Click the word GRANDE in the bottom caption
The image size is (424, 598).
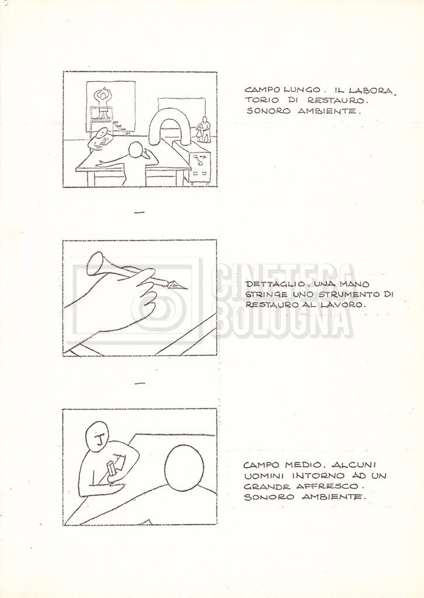pyautogui.click(x=265, y=486)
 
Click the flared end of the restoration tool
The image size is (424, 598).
pyautogui.click(x=95, y=263)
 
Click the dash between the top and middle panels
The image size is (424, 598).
pyautogui.click(x=140, y=213)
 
